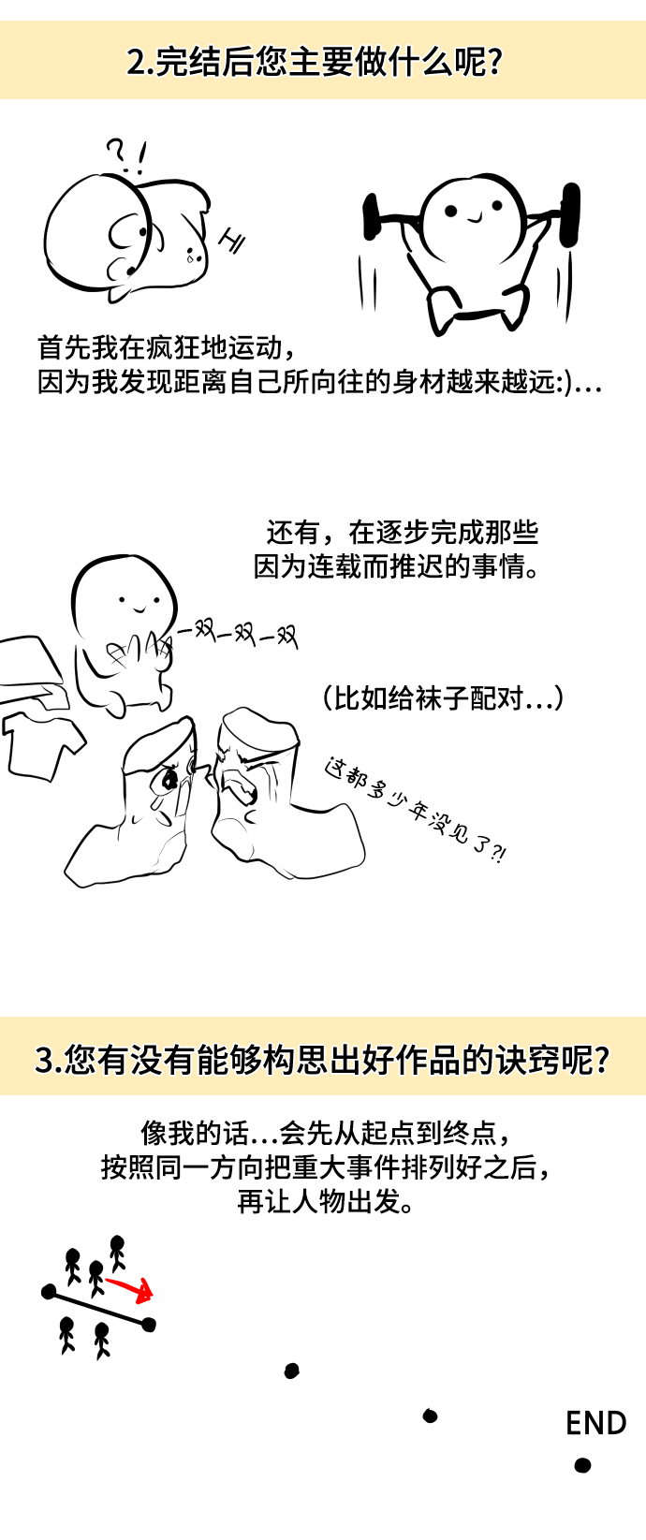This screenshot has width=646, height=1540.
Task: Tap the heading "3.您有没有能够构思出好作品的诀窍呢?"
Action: tap(322, 1060)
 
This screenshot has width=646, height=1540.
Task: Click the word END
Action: tap(595, 1423)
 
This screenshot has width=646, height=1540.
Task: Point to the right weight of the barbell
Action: tap(570, 213)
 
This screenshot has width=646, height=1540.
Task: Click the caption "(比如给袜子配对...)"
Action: tap(443, 698)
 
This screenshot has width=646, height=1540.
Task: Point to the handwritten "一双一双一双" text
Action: tap(237, 635)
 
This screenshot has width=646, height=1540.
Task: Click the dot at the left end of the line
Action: tap(48, 1293)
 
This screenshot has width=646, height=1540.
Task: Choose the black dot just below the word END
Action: tap(582, 1465)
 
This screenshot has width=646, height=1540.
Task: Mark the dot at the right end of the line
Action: tap(149, 1324)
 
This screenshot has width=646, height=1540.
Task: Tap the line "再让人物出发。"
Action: tap(326, 1201)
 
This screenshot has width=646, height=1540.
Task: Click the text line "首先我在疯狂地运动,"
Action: tap(167, 348)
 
